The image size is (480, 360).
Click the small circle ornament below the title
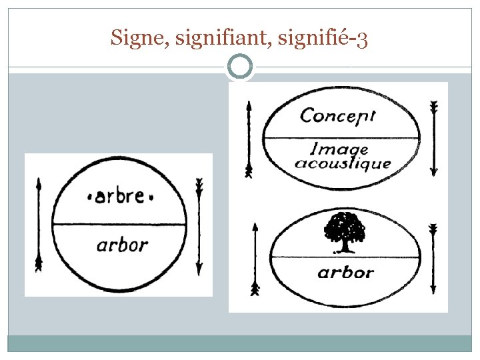[x=240, y=67]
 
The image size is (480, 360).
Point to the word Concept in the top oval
[x=338, y=116]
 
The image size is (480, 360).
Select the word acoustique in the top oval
[x=343, y=163]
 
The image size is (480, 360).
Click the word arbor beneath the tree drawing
[x=345, y=272]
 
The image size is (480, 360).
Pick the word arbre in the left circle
[x=121, y=197]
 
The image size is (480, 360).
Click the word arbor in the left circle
[x=121, y=245]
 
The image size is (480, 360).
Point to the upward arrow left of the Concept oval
[x=249, y=139]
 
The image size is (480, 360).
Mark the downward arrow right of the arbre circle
[x=199, y=227]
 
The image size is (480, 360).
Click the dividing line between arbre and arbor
[x=120, y=225]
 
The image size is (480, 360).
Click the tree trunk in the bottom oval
[x=345, y=245]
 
